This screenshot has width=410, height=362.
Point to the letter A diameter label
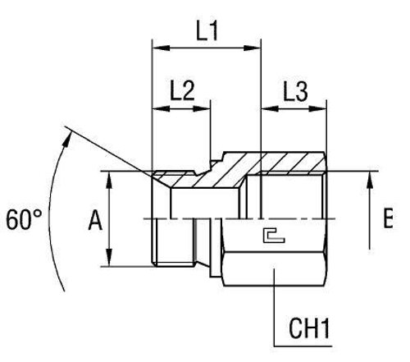(97, 221)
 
